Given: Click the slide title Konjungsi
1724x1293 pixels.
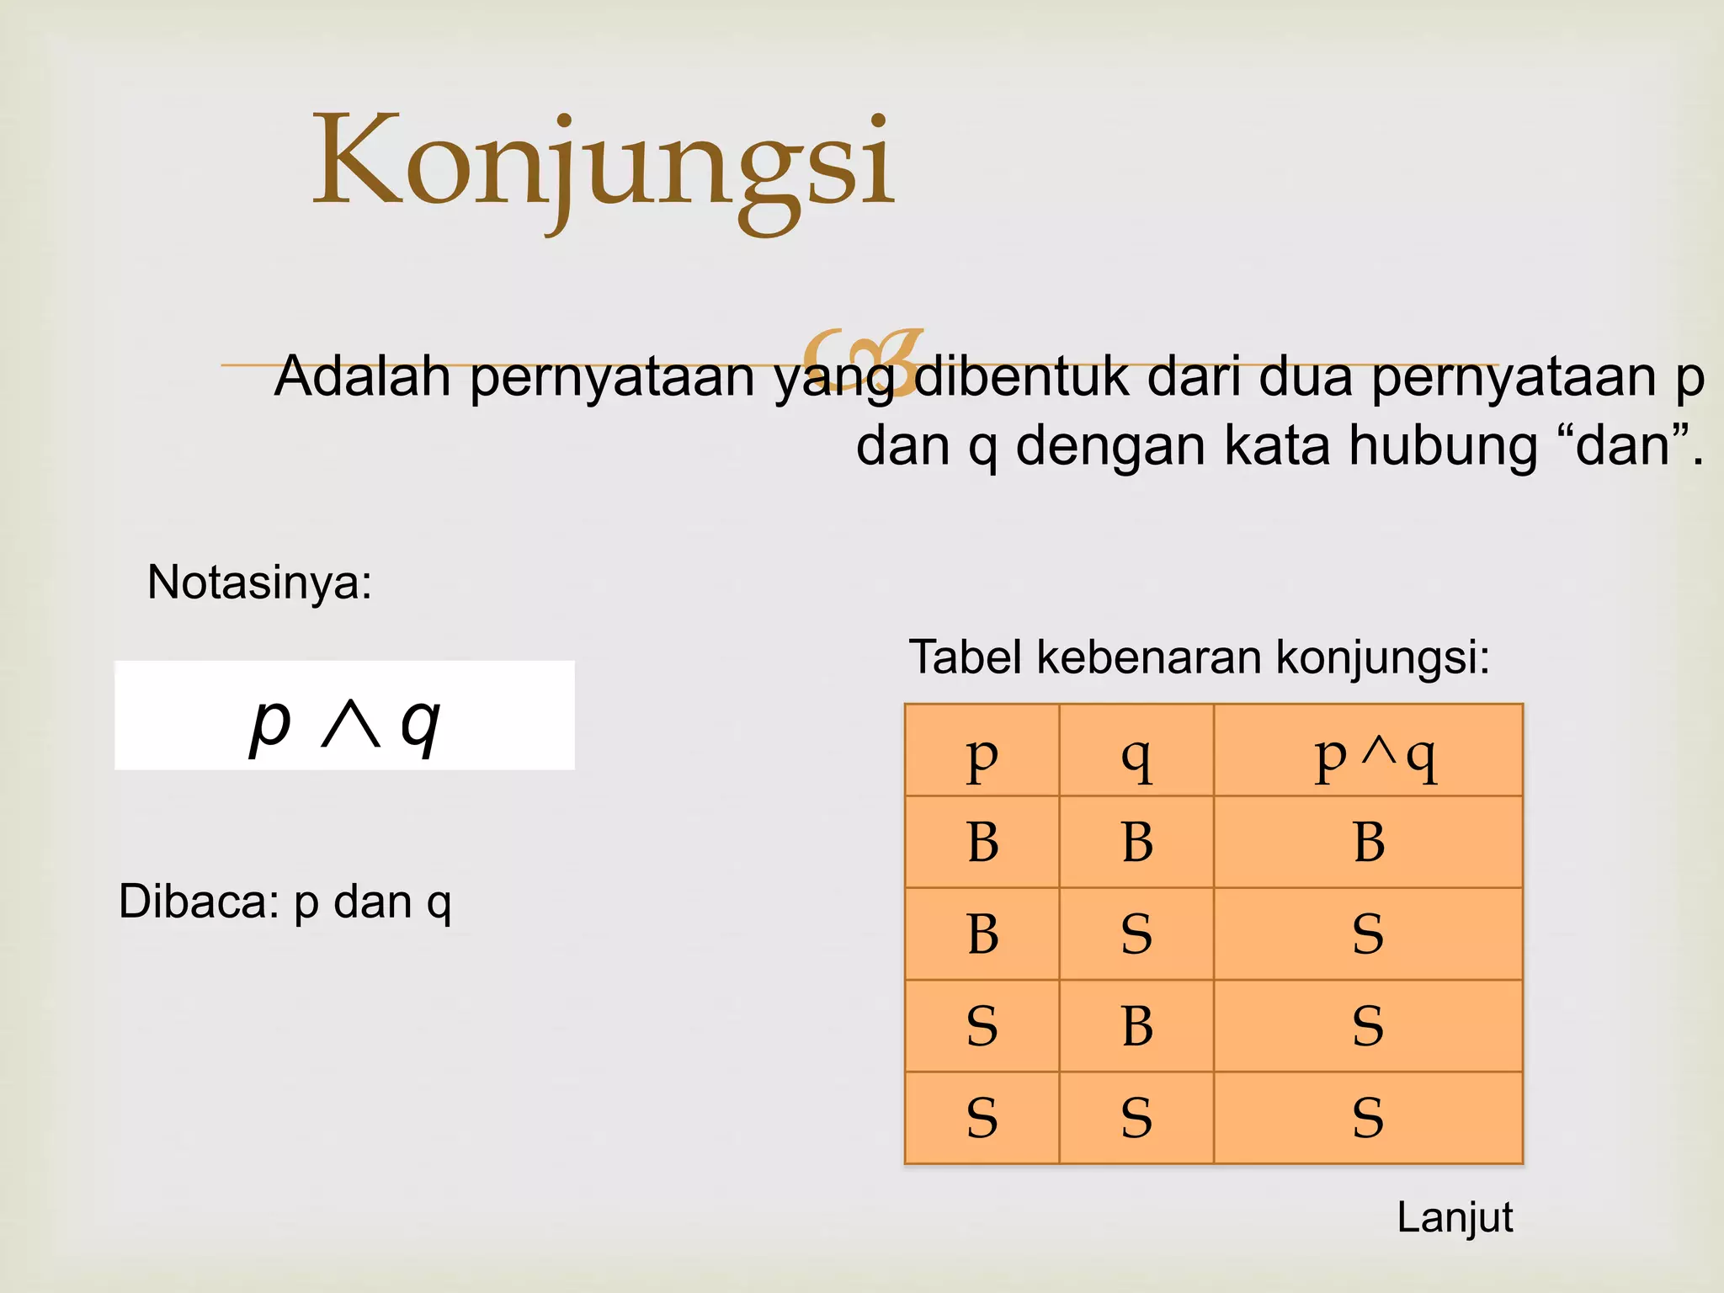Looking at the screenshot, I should (604, 164).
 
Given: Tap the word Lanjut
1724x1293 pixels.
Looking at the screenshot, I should (1454, 1218).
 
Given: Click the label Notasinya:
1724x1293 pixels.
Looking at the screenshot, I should (259, 582).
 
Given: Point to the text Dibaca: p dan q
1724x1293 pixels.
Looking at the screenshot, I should (285, 902).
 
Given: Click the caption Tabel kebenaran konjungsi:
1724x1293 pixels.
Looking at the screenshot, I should (1199, 657).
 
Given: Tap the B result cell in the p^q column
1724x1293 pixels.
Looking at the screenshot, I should (1369, 842).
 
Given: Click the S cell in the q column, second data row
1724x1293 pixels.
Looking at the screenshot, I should (1136, 934).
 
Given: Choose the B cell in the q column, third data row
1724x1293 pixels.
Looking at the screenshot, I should (1136, 1026).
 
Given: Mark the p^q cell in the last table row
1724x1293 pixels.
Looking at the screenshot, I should (1369, 1119).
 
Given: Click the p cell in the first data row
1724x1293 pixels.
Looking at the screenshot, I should (982, 842).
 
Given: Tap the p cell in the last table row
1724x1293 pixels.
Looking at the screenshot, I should (982, 1119).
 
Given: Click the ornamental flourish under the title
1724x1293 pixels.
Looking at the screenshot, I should (862, 359).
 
